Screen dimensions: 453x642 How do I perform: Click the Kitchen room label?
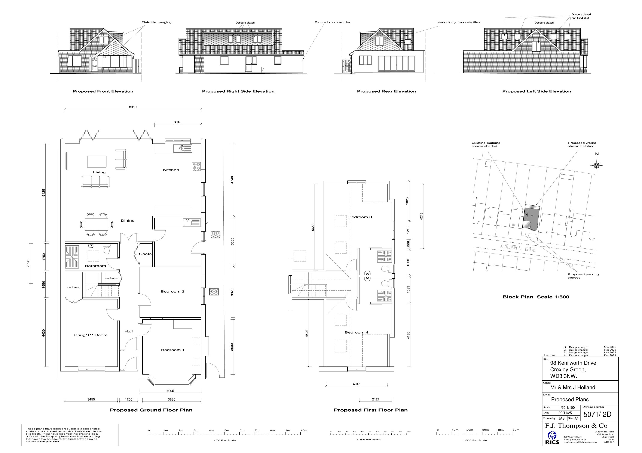point(171,170)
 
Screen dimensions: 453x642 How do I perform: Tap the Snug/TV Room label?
point(91,335)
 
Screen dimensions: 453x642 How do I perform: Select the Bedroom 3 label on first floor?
point(360,217)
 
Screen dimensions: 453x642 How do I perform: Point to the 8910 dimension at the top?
point(133,107)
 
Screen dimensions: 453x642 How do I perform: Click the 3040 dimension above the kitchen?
point(178,122)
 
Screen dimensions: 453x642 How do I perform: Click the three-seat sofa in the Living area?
point(95,182)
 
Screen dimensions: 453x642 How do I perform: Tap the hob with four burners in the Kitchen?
point(196,167)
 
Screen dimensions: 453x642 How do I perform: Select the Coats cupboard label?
point(145,254)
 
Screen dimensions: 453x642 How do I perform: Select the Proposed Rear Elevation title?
point(386,91)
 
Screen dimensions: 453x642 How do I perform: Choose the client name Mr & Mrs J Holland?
point(572,387)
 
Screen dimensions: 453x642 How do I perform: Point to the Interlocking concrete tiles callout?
point(458,22)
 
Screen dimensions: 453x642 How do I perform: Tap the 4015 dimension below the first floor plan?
point(356,384)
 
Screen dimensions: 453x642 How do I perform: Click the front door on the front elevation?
point(94,64)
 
